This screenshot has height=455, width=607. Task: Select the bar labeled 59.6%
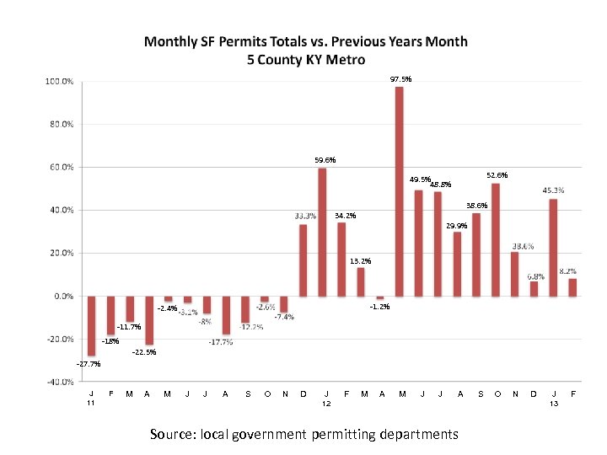point(322,232)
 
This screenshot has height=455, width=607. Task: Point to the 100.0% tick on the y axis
point(59,82)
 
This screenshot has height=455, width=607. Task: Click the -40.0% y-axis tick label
point(57,382)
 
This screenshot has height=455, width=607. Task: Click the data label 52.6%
point(497,175)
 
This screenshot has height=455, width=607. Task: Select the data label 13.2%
point(360,260)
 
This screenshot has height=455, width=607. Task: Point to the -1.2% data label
point(379,307)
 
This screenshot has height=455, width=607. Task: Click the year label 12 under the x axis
point(326,404)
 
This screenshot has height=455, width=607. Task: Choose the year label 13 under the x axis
point(554,404)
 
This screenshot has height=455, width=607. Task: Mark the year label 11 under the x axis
point(91,404)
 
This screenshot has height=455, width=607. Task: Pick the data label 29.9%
point(457,226)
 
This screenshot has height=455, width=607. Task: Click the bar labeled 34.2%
point(341,259)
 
